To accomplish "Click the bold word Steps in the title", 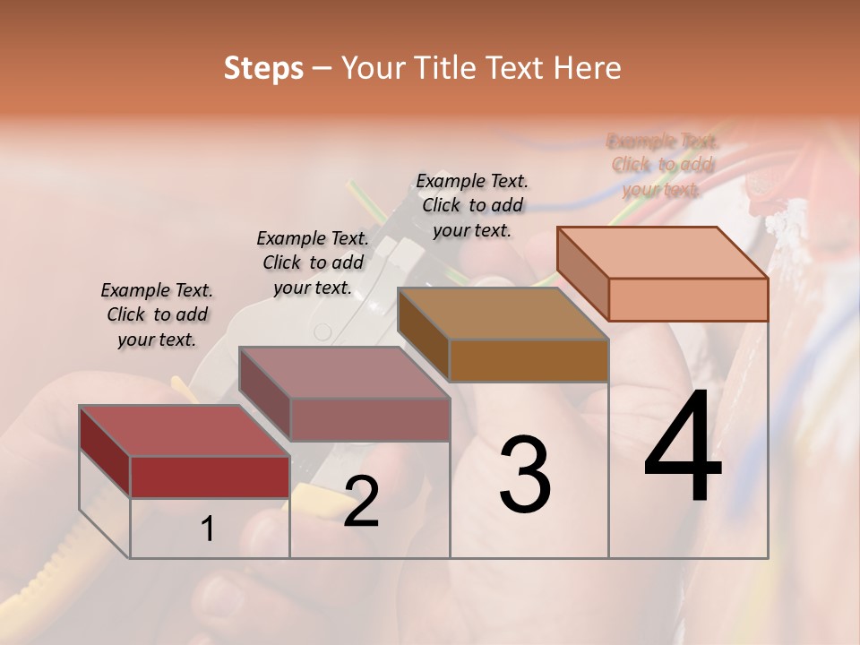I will click(x=263, y=68).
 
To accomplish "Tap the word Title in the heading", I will click(x=444, y=68).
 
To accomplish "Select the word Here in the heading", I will click(x=588, y=68).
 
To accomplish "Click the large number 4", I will click(x=683, y=450).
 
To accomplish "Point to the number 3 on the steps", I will click(x=525, y=475).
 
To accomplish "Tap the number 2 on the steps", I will click(x=361, y=503).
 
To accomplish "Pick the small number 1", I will click(x=207, y=529).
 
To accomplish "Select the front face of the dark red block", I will click(x=210, y=477).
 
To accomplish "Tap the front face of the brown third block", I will click(x=529, y=361).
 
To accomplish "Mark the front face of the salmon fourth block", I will click(x=688, y=299).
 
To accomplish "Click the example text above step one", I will click(x=157, y=315).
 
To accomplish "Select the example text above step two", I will click(x=313, y=262).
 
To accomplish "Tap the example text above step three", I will click(x=472, y=205).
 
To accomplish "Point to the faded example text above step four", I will click(x=663, y=165).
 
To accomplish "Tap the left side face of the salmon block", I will click(x=582, y=274).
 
